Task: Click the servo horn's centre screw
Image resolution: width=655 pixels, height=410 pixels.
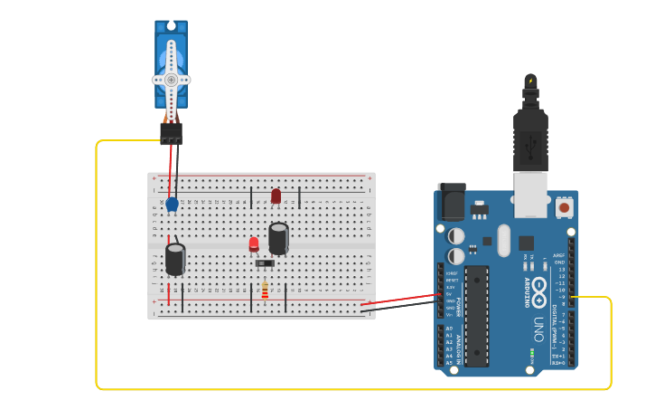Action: (171, 80)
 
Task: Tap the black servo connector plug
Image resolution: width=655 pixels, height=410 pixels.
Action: (171, 133)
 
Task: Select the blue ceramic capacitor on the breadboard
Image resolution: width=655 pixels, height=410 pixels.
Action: (172, 205)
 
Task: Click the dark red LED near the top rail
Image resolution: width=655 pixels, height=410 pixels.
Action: (276, 195)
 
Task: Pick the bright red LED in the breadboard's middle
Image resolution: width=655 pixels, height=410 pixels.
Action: (254, 243)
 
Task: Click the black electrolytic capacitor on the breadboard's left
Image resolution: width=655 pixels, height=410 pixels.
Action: (175, 258)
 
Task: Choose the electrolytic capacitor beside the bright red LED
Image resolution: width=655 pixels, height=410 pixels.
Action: (278, 237)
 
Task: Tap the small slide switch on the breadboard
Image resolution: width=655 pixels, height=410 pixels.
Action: (265, 263)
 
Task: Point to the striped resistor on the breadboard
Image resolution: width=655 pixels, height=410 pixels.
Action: (265, 290)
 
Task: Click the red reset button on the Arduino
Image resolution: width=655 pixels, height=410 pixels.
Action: (564, 207)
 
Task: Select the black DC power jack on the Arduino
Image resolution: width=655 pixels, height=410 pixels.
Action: (451, 201)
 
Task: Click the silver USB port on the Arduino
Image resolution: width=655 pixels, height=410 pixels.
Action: (530, 194)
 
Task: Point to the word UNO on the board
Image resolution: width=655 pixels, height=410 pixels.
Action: (539, 317)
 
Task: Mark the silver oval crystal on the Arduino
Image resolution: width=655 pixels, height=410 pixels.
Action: (503, 240)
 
